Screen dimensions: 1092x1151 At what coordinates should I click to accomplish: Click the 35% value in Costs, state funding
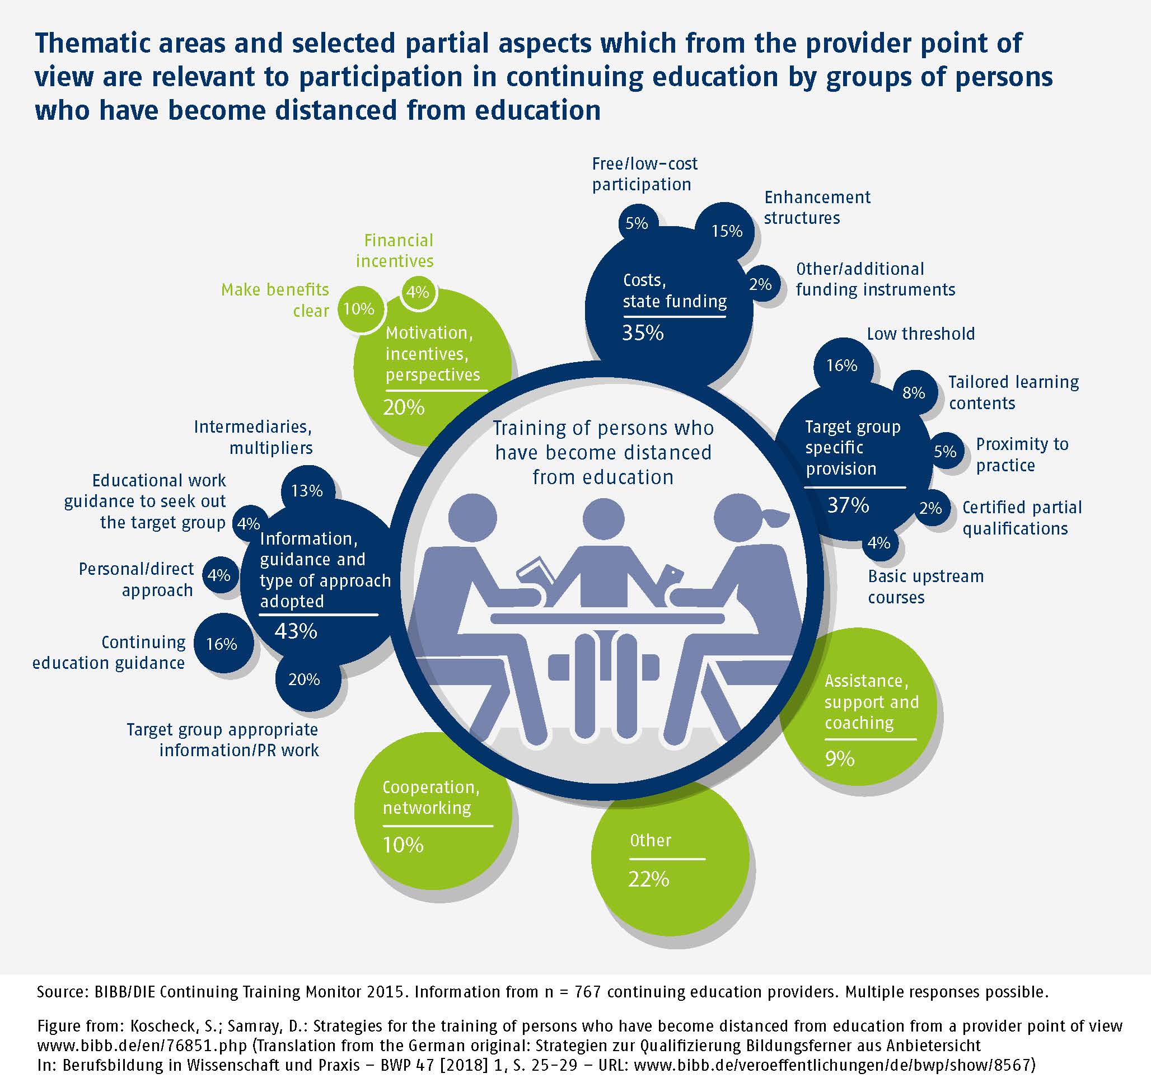(643, 333)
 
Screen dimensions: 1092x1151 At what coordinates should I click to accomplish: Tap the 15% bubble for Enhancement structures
(727, 231)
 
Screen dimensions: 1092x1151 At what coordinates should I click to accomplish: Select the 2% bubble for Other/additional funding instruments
(760, 285)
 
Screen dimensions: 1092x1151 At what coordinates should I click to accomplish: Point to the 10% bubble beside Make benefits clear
(359, 308)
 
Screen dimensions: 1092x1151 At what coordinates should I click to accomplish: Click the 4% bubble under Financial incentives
(418, 292)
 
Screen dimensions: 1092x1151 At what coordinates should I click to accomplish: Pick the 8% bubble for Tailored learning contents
(914, 393)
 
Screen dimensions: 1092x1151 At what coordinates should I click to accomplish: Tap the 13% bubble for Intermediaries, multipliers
(307, 491)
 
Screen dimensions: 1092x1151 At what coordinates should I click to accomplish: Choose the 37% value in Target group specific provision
(848, 505)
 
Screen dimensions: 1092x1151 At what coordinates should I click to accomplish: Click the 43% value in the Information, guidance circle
(295, 631)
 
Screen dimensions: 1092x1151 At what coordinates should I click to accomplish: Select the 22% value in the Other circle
(649, 879)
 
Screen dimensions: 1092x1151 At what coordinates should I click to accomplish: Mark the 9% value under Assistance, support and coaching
(840, 758)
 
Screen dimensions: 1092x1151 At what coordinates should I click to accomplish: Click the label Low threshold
(920, 334)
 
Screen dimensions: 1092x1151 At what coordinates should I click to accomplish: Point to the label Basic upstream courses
(925, 587)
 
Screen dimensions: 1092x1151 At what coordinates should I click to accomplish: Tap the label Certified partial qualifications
(1022, 518)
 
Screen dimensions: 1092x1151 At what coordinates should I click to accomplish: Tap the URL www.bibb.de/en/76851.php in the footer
(142, 1046)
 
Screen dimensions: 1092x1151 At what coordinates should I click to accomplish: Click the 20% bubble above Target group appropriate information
(304, 679)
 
